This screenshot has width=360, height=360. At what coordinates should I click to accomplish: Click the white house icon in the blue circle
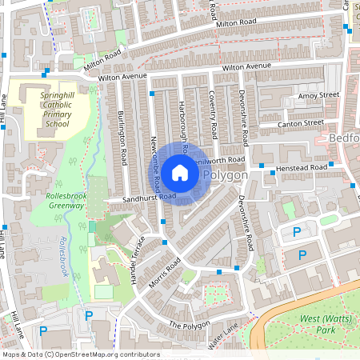180,173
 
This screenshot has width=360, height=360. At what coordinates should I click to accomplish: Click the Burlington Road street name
123,137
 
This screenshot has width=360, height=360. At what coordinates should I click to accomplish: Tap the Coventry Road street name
214,112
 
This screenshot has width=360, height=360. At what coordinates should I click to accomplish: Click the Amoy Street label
318,95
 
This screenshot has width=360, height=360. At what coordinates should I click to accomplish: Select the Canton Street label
301,124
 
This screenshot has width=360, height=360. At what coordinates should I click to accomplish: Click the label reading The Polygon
190,325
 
